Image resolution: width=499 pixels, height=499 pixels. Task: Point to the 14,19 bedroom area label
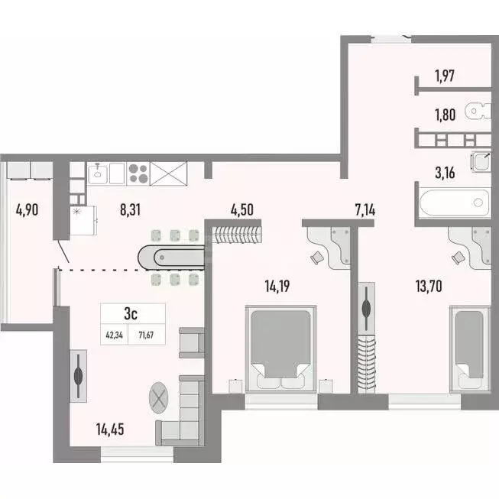(x=280, y=288)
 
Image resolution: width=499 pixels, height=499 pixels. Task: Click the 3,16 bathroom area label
(x=446, y=171)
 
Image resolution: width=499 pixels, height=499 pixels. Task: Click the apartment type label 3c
(x=131, y=313)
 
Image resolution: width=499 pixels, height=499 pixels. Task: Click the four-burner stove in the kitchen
(x=138, y=173)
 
